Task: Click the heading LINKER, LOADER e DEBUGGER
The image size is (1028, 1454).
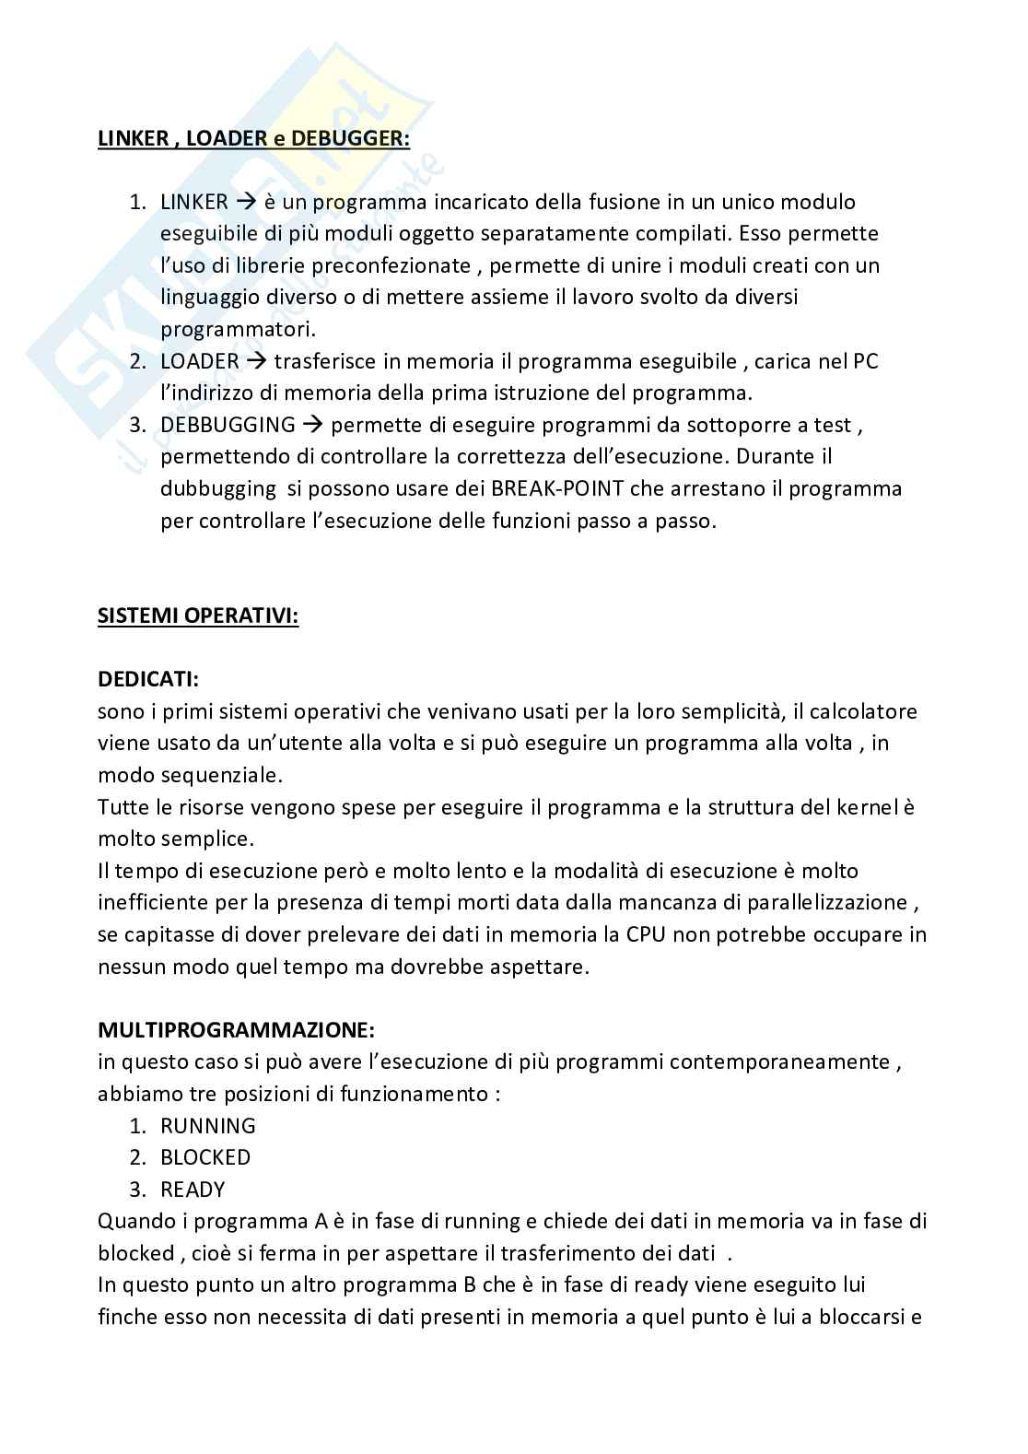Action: [x=253, y=138]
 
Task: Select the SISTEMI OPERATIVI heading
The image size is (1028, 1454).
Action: [x=198, y=616]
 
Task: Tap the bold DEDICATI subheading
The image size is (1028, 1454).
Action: [x=148, y=679]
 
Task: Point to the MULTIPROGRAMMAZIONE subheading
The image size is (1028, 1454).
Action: [x=236, y=1029]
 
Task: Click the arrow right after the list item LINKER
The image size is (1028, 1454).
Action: [x=245, y=202]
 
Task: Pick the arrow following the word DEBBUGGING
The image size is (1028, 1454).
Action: [x=312, y=425]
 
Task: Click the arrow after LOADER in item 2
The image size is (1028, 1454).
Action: [x=256, y=361]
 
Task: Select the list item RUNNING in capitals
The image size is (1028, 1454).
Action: [x=207, y=1125]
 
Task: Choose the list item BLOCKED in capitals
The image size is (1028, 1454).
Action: [x=205, y=1156]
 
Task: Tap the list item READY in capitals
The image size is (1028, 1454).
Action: [x=193, y=1189]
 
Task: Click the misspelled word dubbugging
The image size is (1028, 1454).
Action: [x=217, y=488]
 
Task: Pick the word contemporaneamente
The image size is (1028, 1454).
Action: [x=778, y=1061]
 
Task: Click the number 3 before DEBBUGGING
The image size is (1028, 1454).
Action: [x=136, y=425]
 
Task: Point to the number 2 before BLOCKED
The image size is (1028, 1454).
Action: [x=136, y=1156]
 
